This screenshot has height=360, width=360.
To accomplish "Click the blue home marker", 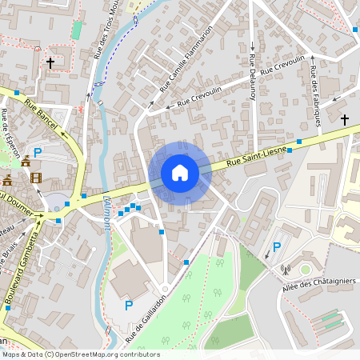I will (180, 173).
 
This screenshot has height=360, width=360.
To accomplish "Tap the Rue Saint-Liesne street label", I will (257, 156).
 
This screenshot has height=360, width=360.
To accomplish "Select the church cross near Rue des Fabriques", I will (345, 120).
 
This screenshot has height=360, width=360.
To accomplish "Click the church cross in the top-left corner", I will (50, 62).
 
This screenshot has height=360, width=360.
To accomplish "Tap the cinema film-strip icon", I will (36, 177).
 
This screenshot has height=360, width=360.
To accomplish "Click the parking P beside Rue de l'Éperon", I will (37, 152).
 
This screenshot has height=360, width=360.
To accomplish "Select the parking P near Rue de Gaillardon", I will (128, 305).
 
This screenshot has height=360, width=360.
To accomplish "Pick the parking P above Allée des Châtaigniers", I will (277, 248).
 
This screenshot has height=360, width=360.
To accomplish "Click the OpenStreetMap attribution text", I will (80, 354).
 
